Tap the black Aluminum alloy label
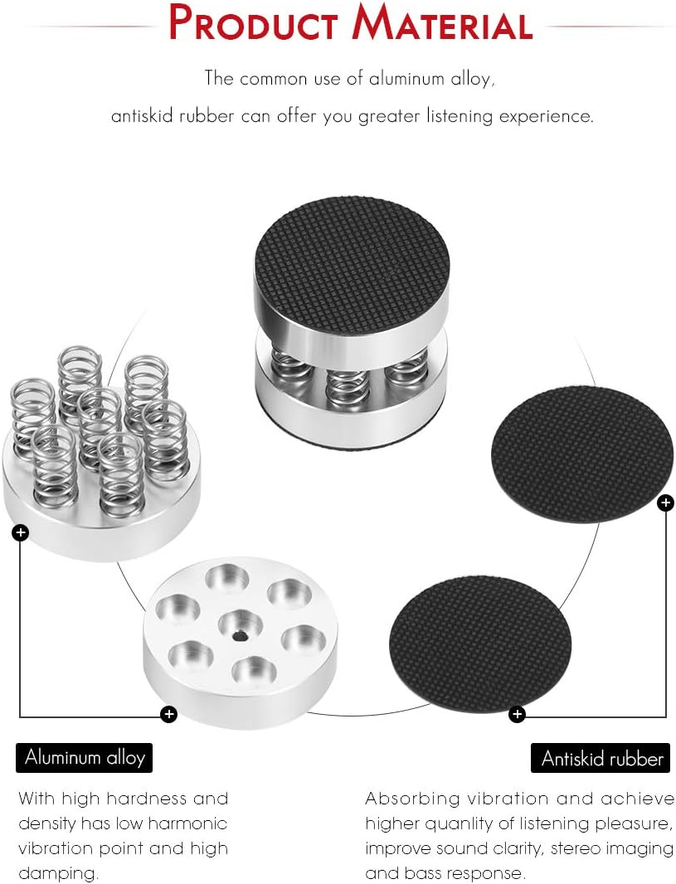point(85,757)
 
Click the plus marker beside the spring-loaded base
point(21,532)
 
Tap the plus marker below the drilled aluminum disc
point(168,713)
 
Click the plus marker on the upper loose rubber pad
point(665,503)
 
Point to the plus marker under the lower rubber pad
point(517,713)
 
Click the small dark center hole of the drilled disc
point(239,636)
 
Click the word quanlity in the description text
point(471,823)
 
